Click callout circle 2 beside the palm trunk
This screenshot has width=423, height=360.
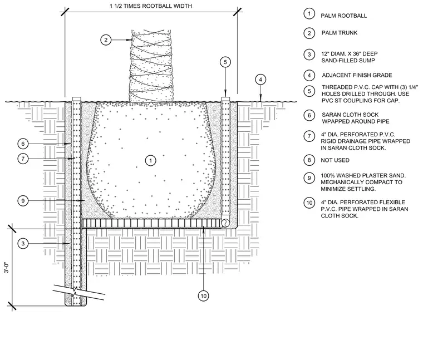(x=106, y=40)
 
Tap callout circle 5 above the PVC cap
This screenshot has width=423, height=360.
(x=225, y=62)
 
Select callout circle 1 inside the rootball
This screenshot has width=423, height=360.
(x=150, y=161)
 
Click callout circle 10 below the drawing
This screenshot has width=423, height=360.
(x=203, y=296)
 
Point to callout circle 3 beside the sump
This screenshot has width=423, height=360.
(x=23, y=244)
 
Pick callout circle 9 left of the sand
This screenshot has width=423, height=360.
(x=23, y=201)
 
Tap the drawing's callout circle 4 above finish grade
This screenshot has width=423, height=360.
(x=260, y=80)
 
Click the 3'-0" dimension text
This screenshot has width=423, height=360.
(x=7, y=267)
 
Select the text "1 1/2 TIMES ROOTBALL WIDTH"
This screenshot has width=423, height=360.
(x=151, y=6)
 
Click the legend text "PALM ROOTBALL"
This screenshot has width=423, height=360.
(x=344, y=16)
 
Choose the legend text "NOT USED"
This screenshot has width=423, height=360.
(x=335, y=160)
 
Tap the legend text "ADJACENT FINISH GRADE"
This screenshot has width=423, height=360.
(x=357, y=75)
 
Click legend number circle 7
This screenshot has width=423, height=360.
(x=309, y=136)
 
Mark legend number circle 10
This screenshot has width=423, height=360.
(x=309, y=203)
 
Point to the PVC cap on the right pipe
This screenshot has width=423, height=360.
(x=225, y=99)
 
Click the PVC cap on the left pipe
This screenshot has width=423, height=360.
(x=77, y=99)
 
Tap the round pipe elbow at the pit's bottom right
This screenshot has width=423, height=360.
(x=225, y=223)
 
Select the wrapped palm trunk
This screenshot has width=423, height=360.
(x=150, y=66)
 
